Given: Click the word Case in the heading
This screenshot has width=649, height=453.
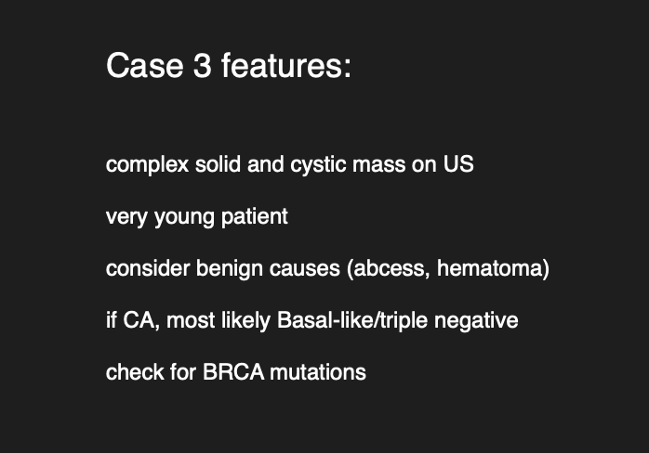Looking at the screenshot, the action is coord(145,65).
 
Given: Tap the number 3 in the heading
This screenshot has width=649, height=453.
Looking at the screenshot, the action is coord(203,65).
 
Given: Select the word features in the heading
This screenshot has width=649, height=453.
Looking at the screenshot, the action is coord(286,65).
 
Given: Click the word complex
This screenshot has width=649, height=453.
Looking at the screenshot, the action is coord(147,165).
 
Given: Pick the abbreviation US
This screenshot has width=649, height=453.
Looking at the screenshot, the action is coord(458,164).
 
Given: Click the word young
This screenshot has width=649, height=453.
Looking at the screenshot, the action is coord(184,217).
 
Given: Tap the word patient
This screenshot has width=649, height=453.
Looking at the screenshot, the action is coord(255,217).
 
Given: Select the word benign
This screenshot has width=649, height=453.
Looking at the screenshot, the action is coord(230,269).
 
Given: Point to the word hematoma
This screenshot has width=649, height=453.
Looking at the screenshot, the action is coord(490,268).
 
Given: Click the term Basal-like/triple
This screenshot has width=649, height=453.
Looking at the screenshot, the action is coord(352,321).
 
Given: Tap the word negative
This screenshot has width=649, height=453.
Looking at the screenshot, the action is coord(476,321).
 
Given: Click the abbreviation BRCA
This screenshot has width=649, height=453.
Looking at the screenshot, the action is coord(233,372).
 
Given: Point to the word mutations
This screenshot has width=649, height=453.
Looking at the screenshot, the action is coord(318,372).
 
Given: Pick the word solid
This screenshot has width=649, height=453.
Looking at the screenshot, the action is coord(218,164).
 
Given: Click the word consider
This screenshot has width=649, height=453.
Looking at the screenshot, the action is coord(148,268).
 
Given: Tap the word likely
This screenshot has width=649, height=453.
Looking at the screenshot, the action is coord(245,321).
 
